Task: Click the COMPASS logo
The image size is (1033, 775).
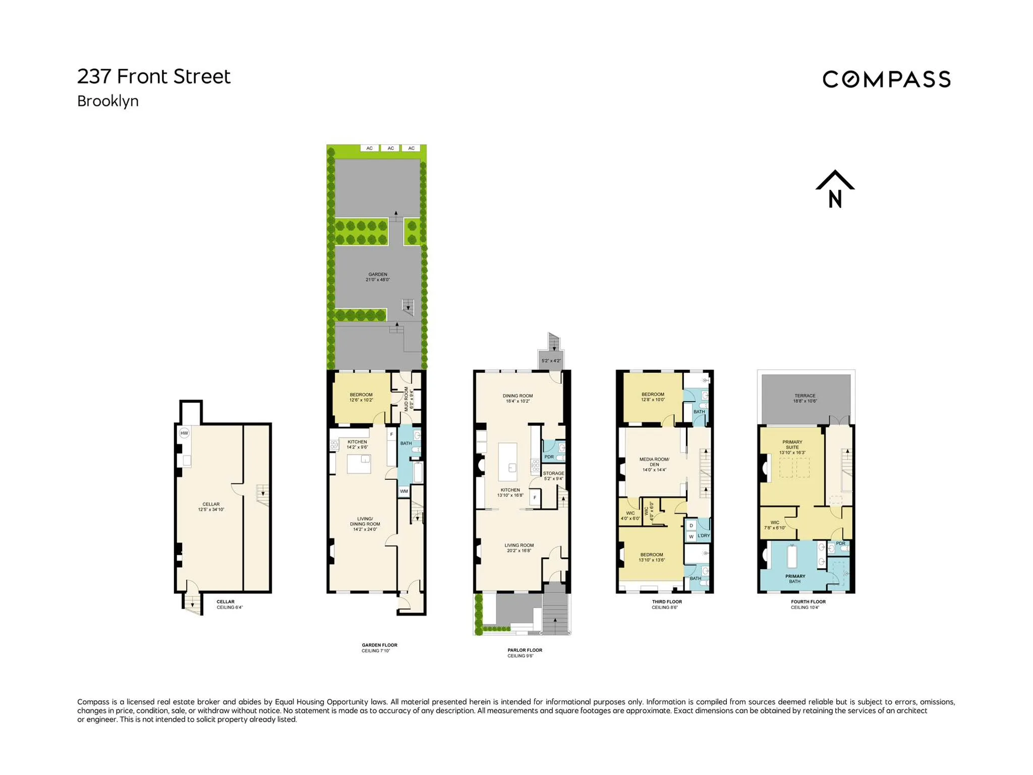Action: (x=886, y=80)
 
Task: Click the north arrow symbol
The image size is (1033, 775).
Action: (x=835, y=189)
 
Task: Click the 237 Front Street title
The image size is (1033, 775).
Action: (x=153, y=77)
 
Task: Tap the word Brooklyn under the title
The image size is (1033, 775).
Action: (x=107, y=101)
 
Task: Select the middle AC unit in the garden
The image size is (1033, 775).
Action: (x=390, y=148)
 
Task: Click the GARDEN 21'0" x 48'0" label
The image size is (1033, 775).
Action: (x=378, y=277)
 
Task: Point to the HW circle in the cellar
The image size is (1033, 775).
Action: (x=184, y=433)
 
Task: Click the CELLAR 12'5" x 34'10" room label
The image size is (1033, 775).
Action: (x=211, y=507)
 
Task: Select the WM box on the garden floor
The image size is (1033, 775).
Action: (x=404, y=491)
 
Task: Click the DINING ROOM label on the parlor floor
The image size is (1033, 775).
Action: (x=518, y=398)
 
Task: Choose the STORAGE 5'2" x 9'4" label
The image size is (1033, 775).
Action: (x=553, y=476)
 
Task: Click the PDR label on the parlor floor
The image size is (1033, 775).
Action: (x=549, y=457)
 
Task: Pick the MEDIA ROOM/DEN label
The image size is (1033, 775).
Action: (x=654, y=464)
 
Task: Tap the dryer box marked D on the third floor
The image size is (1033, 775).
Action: (x=691, y=526)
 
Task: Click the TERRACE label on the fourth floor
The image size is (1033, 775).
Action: (x=805, y=398)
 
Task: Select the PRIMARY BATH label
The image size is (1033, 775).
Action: (x=795, y=579)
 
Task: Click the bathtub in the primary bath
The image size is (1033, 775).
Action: (x=792, y=557)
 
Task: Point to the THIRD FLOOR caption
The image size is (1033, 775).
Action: (x=666, y=602)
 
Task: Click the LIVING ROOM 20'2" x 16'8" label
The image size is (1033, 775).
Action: (x=519, y=547)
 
